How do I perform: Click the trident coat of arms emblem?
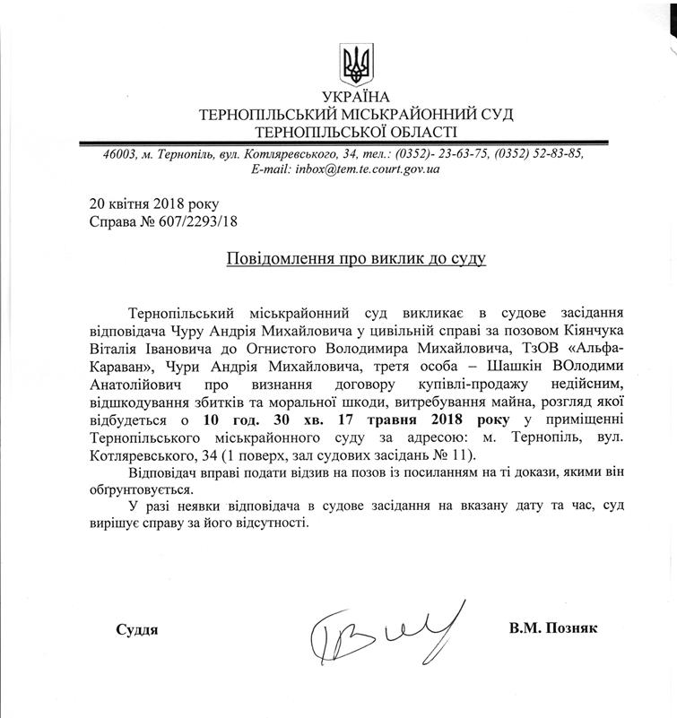click(357, 64)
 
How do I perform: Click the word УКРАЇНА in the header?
click(356, 97)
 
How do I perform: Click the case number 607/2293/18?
click(197, 221)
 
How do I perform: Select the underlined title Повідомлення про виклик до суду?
click(355, 258)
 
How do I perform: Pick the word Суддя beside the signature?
click(137, 629)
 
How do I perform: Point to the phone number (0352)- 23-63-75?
click(442, 153)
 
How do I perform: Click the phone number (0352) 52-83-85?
click(539, 153)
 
